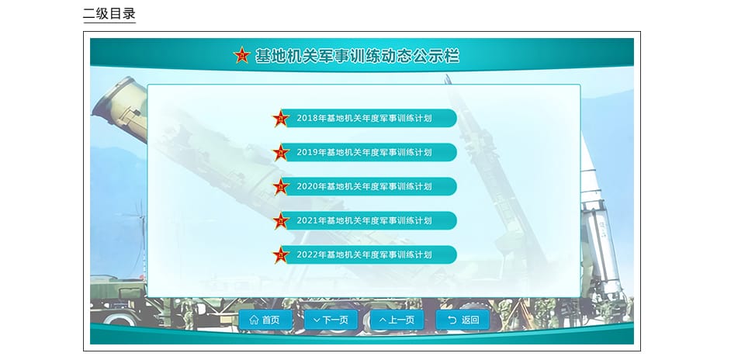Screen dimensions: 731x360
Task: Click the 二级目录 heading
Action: [109, 13]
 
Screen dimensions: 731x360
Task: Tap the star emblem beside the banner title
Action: [242, 55]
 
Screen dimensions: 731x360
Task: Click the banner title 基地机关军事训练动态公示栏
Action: [357, 56]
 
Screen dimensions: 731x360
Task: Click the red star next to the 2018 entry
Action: [281, 119]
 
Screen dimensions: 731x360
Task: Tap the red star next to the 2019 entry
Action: [281, 153]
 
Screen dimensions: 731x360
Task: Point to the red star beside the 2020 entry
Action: [281, 186]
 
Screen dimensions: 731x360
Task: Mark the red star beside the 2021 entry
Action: [281, 220]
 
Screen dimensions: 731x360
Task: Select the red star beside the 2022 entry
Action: [281, 255]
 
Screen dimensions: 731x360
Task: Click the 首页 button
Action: [265, 320]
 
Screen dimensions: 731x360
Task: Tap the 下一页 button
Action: [331, 320]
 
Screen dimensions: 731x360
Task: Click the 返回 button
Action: [463, 320]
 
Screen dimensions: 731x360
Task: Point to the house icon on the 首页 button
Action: [254, 320]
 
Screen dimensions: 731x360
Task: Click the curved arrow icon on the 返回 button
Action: [452, 320]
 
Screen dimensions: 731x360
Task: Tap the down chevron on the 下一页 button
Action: [317, 320]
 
